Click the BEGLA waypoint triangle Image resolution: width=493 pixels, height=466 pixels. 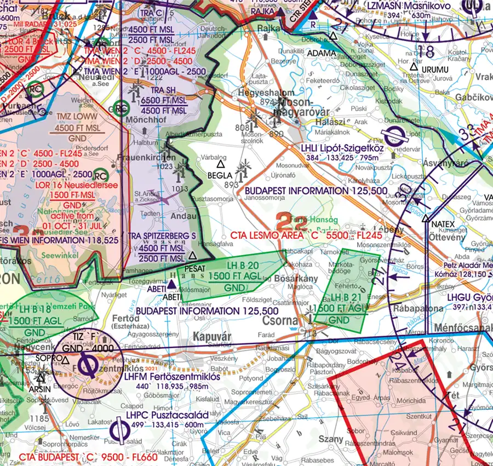[x=221, y=164]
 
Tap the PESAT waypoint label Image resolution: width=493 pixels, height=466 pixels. [x=195, y=269]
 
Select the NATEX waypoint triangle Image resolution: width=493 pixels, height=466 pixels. [x=426, y=218]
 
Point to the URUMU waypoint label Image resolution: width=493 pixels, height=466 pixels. [x=435, y=70]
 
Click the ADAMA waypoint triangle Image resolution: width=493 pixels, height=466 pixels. [x=333, y=37]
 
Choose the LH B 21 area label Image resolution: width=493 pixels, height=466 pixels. [x=342, y=299]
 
